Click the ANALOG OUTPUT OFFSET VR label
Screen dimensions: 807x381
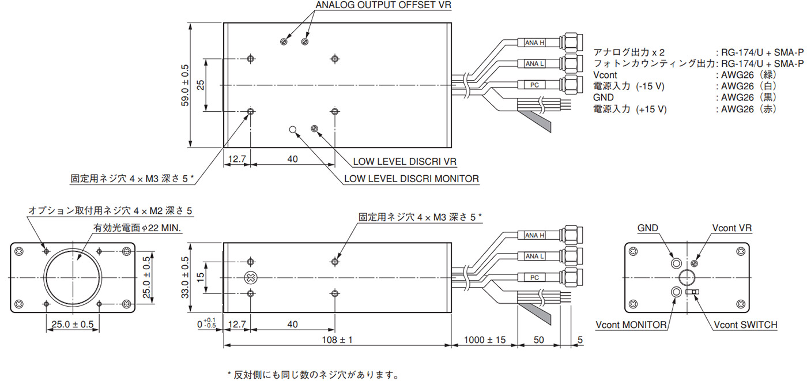point(383,5)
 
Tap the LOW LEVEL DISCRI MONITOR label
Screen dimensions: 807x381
point(412,179)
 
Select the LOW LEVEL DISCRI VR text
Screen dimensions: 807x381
point(405,161)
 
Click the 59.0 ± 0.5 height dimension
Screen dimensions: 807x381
point(185,85)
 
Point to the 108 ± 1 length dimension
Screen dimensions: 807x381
point(337,339)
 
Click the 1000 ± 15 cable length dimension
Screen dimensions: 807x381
point(485,339)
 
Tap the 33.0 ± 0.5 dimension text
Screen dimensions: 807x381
point(185,277)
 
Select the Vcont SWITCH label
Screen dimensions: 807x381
point(745,325)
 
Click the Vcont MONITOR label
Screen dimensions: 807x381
point(631,325)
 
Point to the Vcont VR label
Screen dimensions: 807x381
point(732,228)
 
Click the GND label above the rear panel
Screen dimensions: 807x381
point(648,228)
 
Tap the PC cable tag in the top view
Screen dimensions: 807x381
point(535,85)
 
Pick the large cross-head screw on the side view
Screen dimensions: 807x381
point(251,278)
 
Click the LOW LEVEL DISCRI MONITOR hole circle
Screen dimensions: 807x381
point(293,129)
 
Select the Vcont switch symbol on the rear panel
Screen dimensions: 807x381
point(692,291)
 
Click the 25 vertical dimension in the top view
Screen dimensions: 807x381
point(201,85)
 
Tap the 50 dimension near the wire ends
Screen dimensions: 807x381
point(538,339)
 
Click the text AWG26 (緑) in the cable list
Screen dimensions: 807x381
point(749,75)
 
